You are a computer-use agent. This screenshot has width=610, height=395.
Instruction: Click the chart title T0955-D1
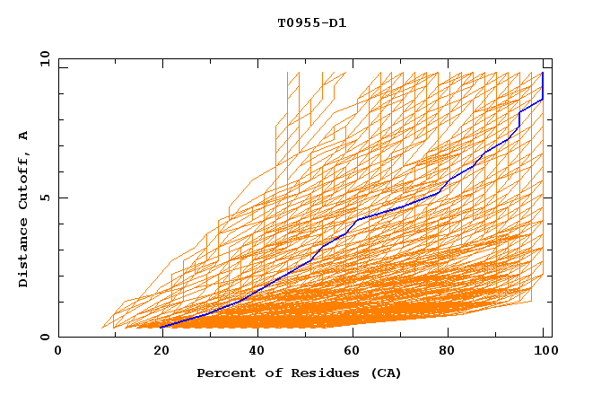click(x=311, y=22)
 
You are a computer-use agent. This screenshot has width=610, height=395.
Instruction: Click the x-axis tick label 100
click(x=543, y=352)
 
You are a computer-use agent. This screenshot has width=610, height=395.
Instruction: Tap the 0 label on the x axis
click(x=58, y=352)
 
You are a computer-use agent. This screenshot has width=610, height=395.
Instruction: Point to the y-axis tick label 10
click(x=42, y=58)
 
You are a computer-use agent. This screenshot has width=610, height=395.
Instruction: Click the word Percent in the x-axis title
click(x=224, y=373)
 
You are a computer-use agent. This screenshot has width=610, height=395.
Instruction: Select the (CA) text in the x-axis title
click(x=386, y=373)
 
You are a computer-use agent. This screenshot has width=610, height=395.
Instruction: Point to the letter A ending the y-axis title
click(x=23, y=136)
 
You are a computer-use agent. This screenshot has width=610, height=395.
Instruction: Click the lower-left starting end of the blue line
click(x=161, y=327)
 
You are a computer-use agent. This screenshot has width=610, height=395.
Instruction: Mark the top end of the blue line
click(x=543, y=73)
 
